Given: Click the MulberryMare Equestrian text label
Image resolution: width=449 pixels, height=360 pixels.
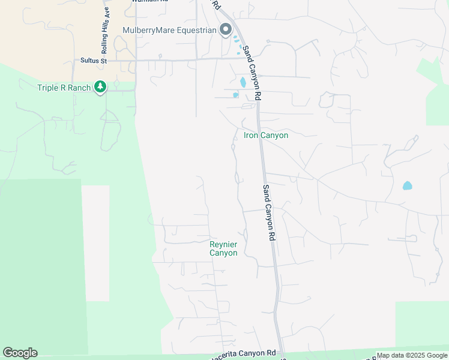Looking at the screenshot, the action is (169, 30).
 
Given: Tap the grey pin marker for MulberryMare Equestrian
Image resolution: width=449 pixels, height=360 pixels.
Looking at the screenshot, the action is (226, 29).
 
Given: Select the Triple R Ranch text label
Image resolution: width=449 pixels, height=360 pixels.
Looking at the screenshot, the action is (64, 88).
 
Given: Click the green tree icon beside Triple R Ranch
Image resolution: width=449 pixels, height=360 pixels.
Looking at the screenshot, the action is (101, 88).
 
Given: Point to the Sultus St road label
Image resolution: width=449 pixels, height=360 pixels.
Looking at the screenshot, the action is (93, 61).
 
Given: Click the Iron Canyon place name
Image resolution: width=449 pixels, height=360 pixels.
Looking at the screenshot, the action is (266, 136).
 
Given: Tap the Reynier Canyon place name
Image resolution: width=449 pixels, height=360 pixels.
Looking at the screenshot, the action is (223, 248).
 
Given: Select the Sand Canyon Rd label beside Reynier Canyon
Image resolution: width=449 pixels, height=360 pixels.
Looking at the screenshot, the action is (268, 212).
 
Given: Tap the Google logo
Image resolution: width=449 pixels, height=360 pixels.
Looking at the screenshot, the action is (20, 353).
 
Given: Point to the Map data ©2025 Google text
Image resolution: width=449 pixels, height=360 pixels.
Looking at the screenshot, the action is (411, 356).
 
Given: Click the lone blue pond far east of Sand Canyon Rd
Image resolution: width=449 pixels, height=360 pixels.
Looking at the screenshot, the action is (408, 185).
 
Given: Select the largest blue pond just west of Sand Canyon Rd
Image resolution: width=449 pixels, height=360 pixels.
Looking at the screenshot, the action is (243, 82).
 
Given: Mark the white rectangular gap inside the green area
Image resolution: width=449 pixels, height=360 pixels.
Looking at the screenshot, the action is (95, 242).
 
